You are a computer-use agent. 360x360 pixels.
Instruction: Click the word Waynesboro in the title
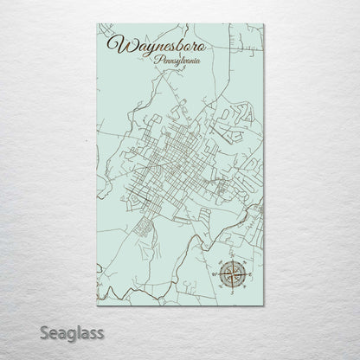146,46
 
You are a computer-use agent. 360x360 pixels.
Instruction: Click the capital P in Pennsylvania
155,62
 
